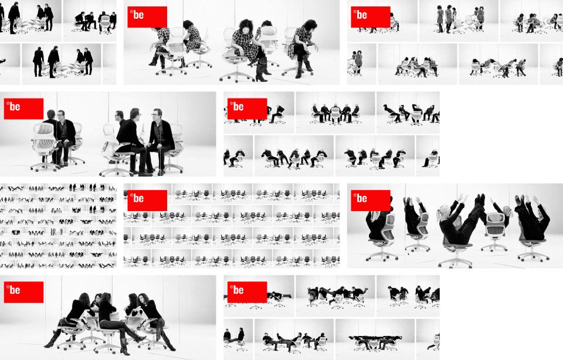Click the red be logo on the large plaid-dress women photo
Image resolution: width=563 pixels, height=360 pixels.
147,17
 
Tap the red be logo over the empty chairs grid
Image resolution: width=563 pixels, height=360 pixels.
147,201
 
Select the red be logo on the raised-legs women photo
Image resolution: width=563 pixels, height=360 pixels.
371,201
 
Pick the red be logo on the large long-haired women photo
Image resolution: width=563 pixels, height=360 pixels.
23,292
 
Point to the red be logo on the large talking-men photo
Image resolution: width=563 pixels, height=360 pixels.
23,108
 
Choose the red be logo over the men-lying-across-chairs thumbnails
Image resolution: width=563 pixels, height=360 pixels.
247,292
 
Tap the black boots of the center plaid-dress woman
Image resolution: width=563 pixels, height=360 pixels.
260,70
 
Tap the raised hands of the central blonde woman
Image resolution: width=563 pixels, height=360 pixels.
461,198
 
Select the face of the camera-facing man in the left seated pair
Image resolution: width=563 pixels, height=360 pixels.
61,116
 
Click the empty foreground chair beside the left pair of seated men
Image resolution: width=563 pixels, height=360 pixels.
44,147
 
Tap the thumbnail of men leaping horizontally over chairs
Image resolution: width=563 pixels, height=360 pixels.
335,296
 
